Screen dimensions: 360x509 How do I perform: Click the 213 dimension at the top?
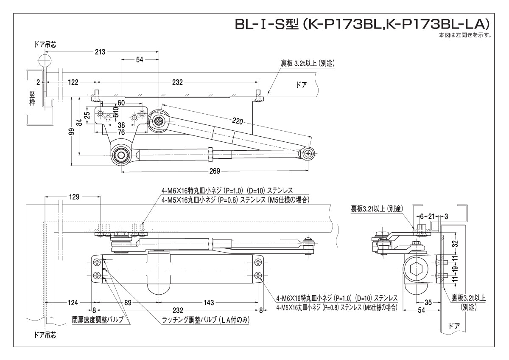click(x=100, y=52)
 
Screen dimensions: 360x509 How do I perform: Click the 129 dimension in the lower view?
click(x=74, y=197)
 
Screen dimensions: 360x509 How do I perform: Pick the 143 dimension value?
click(x=209, y=303)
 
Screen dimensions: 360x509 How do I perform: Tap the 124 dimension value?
click(x=73, y=303)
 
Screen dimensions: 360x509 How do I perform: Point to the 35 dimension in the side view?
click(x=428, y=302)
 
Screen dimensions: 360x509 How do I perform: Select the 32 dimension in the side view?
click(x=455, y=244)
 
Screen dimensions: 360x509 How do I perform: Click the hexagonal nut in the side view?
click(x=413, y=269)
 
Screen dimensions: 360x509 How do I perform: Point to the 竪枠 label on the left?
click(x=32, y=100)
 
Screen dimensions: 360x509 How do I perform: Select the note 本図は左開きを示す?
click(x=465, y=35)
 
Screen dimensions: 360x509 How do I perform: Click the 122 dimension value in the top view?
click(x=74, y=82)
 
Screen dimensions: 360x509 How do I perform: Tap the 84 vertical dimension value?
click(x=79, y=123)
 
